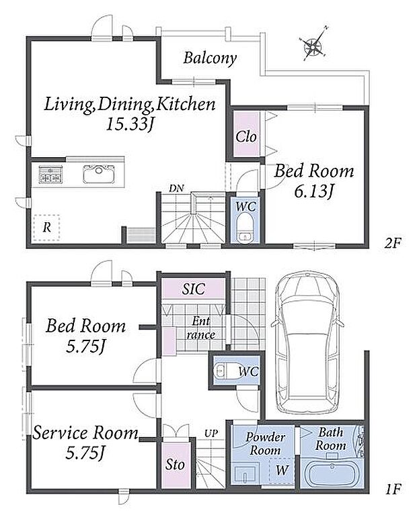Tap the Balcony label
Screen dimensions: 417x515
point(211,58)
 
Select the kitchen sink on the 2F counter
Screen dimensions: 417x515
point(99,174)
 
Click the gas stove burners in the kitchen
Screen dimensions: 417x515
point(50,174)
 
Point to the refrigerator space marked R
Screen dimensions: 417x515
point(46,227)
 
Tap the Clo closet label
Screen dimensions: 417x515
point(246,136)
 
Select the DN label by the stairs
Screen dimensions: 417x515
point(176,188)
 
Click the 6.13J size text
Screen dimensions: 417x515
point(313,191)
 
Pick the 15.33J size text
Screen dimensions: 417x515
point(130,124)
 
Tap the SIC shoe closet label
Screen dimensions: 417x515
point(194,289)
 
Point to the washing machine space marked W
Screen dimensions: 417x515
point(282,470)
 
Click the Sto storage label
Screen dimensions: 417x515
point(175,465)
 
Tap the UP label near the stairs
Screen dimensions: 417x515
point(211,434)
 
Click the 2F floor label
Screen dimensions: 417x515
point(393,243)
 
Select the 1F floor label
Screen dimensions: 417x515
point(393,489)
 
